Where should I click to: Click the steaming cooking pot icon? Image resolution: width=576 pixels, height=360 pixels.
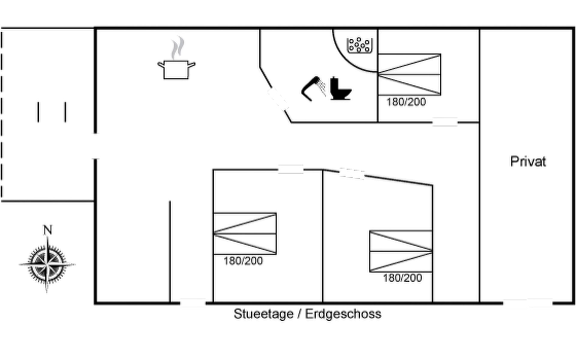(x=176, y=58)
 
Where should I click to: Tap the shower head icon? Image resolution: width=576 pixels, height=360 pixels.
(x=313, y=89)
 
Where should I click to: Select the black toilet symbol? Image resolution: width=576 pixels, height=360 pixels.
(x=340, y=88)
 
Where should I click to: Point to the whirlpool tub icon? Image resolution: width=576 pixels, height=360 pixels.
(x=359, y=45)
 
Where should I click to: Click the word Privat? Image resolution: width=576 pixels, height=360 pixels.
(x=528, y=161)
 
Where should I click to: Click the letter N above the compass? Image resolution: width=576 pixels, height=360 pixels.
(x=48, y=230)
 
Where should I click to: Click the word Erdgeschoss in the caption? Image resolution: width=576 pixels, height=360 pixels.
(x=343, y=314)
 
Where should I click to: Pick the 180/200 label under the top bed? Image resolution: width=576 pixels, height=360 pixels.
(x=406, y=102)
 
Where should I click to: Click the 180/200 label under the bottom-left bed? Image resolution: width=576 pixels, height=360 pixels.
(x=243, y=261)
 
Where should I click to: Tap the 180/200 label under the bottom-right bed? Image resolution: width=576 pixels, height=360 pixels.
(x=402, y=278)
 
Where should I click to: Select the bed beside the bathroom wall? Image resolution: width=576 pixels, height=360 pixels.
(x=409, y=75)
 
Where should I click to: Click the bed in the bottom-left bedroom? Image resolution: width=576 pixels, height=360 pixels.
(x=244, y=233)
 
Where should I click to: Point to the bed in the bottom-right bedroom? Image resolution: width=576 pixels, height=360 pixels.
(x=401, y=251)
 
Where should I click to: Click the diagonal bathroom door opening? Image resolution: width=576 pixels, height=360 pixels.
(x=278, y=99)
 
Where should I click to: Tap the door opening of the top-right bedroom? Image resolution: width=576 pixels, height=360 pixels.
(x=445, y=122)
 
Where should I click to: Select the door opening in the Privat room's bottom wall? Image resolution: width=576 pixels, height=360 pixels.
(x=528, y=303)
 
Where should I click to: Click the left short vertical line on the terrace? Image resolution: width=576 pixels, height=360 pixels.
(x=38, y=112)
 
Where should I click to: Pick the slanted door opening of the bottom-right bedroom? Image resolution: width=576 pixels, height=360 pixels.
(x=352, y=174)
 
